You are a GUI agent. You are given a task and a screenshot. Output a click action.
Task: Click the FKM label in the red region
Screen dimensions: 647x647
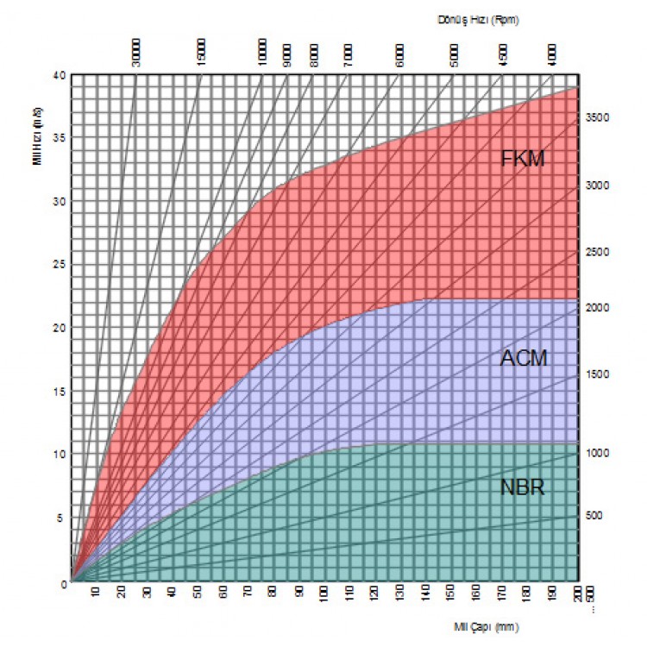click(523, 159)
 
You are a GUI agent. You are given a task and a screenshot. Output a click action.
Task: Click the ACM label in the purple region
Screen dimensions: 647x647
click(523, 358)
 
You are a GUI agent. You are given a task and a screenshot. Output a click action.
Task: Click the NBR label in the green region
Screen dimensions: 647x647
click(523, 487)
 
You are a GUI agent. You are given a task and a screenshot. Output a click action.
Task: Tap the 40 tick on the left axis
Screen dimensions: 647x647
click(59, 75)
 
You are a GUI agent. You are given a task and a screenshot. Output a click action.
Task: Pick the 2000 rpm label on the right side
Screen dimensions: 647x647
click(600, 307)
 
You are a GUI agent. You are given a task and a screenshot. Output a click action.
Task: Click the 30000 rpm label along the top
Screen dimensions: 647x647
click(136, 53)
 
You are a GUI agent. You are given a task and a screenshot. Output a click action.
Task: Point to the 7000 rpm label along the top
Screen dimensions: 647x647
click(348, 56)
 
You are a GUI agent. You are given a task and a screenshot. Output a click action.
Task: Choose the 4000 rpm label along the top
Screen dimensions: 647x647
click(552, 56)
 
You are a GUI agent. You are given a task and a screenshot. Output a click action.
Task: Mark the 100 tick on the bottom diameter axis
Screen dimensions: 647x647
click(324, 595)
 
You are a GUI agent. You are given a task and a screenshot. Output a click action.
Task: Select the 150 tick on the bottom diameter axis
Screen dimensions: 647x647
click(450, 595)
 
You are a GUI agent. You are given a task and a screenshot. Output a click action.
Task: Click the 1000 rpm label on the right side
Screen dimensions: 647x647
click(600, 453)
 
